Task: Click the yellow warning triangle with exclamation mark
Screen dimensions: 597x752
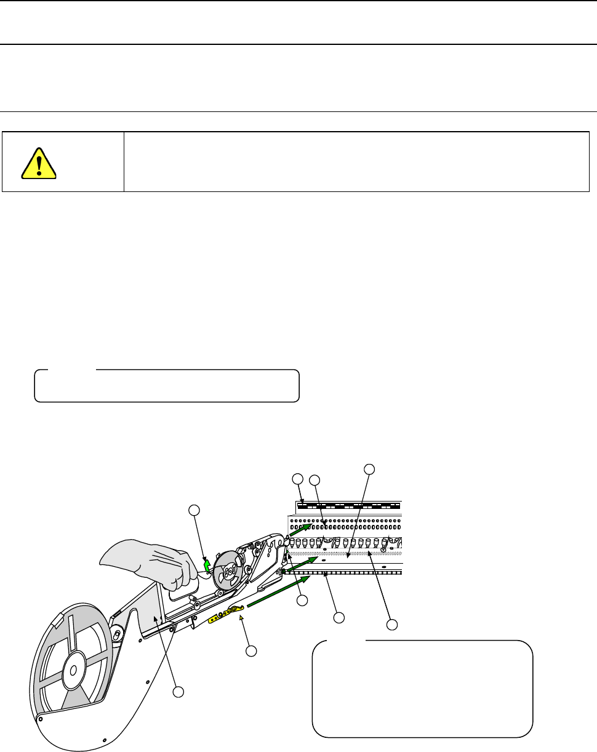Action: tap(38, 163)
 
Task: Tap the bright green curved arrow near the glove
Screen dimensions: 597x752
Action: tap(207, 562)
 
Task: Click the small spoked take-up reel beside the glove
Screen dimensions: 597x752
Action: tap(229, 572)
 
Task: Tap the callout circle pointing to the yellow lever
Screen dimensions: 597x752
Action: tap(250, 650)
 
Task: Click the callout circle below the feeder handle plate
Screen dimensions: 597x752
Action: tap(178, 692)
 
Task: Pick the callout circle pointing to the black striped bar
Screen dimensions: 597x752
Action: tap(297, 478)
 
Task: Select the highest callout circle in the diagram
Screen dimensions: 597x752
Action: tap(369, 468)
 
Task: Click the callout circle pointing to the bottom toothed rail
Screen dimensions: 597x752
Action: tap(338, 617)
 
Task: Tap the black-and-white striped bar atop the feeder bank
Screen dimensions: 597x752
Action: tap(348, 506)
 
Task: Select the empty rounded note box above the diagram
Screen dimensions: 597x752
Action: tap(166, 386)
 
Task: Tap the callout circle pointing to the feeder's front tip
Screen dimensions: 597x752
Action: tap(301, 600)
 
